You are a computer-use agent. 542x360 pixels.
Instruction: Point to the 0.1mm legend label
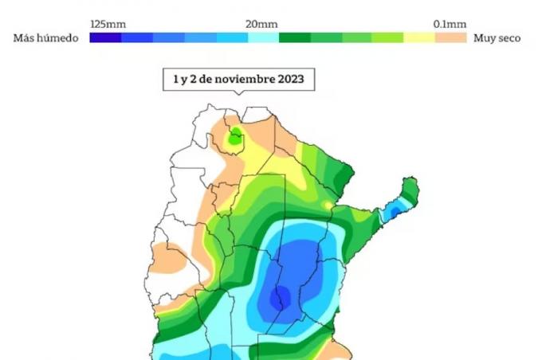click(450, 24)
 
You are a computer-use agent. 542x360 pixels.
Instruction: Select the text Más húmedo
click(46, 38)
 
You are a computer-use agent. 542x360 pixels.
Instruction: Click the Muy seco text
click(497, 38)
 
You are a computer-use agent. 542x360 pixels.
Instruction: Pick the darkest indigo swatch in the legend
click(105, 37)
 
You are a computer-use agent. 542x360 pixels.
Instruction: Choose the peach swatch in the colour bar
click(451, 37)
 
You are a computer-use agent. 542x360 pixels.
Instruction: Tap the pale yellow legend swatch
click(419, 37)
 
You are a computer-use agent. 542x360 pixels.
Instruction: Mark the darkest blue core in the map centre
click(280, 298)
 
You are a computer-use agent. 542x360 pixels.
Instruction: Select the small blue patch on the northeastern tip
click(393, 213)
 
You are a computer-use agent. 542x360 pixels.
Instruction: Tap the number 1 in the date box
click(176, 80)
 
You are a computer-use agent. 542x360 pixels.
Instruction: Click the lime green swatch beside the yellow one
click(388, 37)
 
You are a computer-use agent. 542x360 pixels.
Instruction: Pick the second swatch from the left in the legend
click(136, 37)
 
